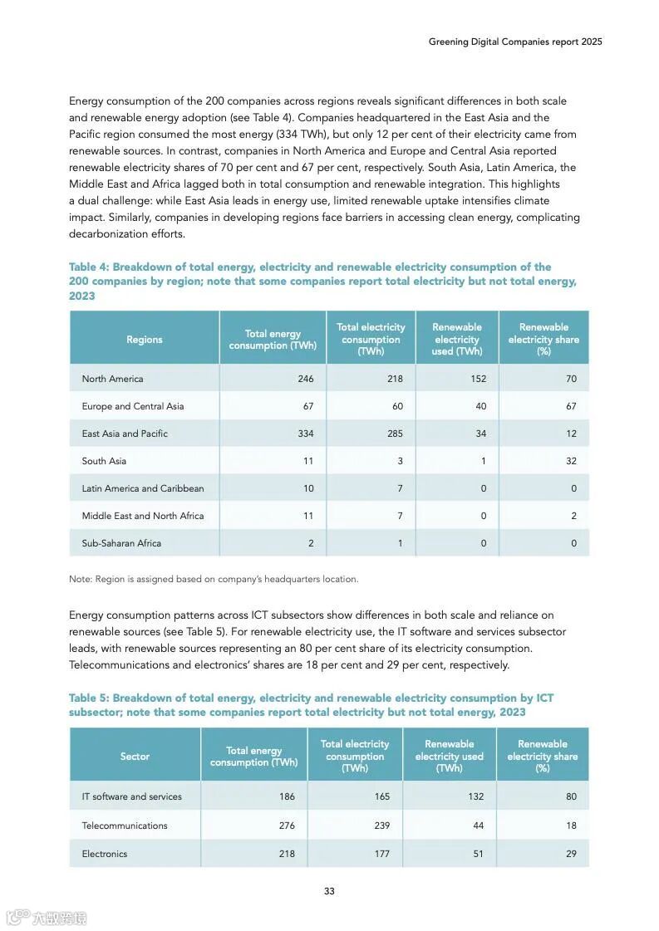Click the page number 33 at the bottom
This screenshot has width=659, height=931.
point(329,891)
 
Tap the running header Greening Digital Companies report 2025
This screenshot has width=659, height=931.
point(515,42)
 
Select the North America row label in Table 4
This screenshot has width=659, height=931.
point(112,379)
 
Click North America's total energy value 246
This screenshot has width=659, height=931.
point(306,379)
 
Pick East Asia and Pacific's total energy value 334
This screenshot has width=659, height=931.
point(306,434)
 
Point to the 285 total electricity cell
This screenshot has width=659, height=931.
point(394,434)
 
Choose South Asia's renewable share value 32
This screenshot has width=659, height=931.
point(571,461)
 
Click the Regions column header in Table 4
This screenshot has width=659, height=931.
point(145,340)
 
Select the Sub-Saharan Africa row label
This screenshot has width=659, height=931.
point(121,543)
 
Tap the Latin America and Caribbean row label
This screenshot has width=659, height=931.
point(142,488)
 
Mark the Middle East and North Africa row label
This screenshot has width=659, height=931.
point(142,516)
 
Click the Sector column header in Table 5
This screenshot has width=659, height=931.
point(135,757)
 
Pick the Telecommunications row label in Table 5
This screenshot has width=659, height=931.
point(125,826)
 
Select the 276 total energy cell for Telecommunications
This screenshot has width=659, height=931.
point(287,826)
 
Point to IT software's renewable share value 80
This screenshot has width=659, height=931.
point(571,796)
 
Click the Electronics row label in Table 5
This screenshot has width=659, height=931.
point(105,854)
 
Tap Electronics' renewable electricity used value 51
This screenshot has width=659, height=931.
point(478,854)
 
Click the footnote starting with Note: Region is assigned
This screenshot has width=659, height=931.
point(214,579)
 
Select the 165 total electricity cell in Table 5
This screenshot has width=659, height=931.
point(381,796)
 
